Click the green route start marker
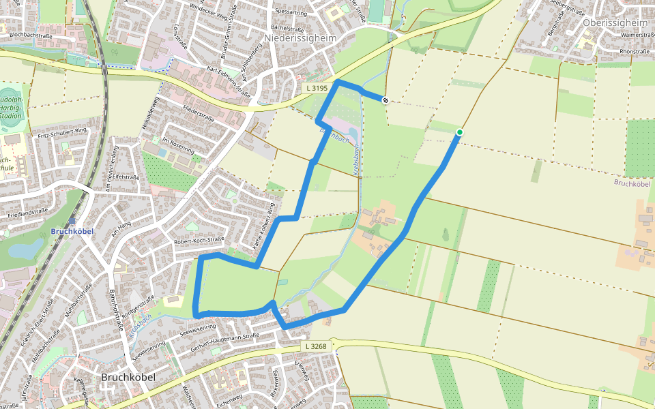tap(460, 132)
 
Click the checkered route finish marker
tap(386, 100)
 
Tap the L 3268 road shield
tap(315, 347)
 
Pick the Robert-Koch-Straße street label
tap(199, 241)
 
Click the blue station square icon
tap(72, 221)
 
